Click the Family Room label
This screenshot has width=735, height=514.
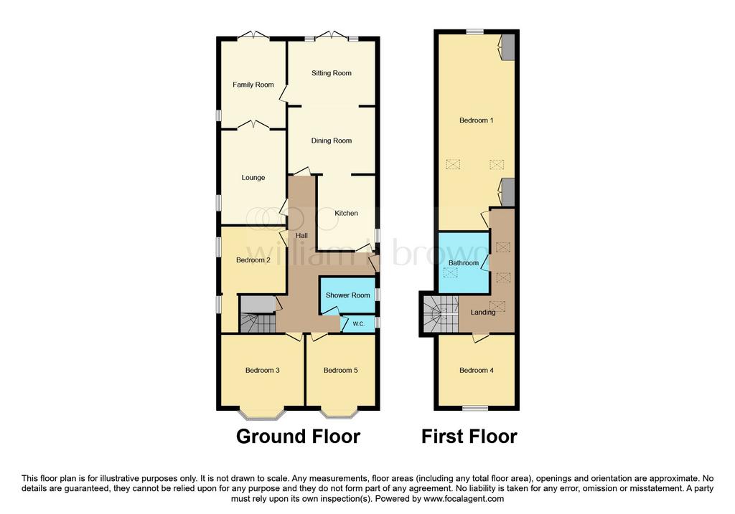point(253,85)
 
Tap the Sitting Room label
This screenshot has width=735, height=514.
point(332,73)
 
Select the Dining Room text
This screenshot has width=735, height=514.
point(332,141)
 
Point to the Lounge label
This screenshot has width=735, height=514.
point(253,177)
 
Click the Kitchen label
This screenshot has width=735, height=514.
point(347,213)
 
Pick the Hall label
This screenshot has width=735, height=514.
point(302,235)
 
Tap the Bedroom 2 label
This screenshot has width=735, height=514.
point(253,260)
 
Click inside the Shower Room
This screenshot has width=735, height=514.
point(347,295)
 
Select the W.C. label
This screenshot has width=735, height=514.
point(359,324)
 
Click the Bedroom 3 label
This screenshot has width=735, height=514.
point(263,371)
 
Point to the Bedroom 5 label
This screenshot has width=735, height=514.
point(341,371)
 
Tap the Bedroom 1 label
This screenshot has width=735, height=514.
point(477,120)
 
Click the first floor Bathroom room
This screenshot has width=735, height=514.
point(464,262)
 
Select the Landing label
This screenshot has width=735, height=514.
point(483,313)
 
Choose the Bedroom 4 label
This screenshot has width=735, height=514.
point(477,371)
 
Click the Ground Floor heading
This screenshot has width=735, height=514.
point(298,437)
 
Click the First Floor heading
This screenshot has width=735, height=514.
point(469,437)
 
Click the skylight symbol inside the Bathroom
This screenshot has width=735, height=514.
point(451,272)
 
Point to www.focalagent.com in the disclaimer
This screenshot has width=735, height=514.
point(464,498)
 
